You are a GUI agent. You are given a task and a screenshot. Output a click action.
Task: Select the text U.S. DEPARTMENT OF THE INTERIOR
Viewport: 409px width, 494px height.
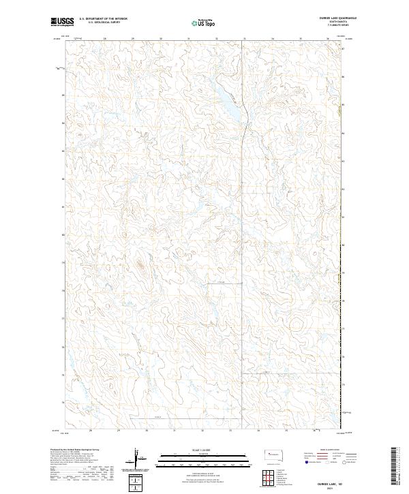[x=104, y=19]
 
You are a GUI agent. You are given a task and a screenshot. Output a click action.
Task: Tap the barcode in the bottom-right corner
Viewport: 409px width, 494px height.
[x=395, y=467]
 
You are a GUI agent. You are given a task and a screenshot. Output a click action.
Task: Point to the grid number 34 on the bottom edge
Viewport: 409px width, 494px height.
[x=258, y=431]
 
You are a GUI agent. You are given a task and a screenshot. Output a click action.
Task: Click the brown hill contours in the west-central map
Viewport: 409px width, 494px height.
[x=142, y=262]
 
